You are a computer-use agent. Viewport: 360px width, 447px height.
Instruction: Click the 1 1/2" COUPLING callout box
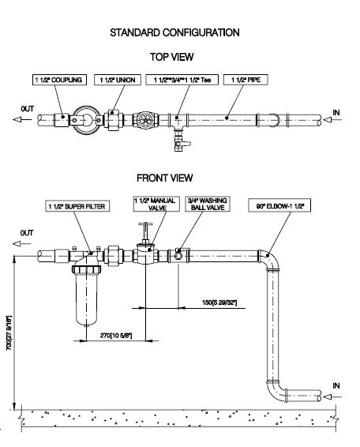59,80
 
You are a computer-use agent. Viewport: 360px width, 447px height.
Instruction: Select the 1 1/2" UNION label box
118,80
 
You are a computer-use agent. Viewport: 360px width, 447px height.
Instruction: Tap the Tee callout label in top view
182,80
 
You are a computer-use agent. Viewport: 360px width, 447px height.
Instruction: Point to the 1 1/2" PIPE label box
246,80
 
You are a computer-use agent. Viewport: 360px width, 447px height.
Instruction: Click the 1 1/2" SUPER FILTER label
77,206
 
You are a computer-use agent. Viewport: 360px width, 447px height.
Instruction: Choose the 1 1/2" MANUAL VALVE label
156,204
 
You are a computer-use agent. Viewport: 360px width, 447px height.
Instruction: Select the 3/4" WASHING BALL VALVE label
208,204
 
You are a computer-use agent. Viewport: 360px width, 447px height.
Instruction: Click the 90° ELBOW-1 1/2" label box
279,205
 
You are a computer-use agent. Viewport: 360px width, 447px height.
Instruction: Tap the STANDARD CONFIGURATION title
174,32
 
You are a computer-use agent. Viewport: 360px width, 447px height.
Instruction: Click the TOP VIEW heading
171,57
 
